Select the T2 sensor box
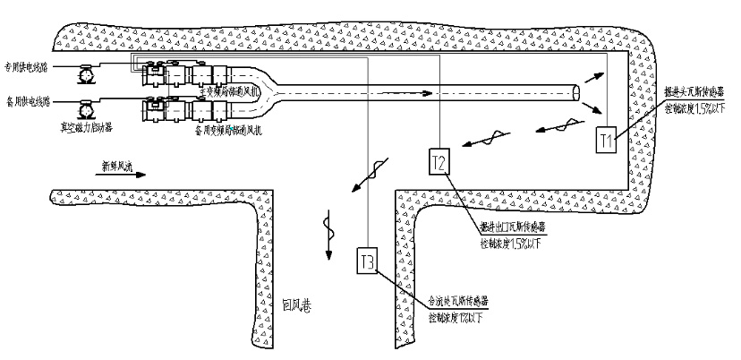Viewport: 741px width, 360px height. [x=439, y=161]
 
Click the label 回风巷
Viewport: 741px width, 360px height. [x=295, y=304]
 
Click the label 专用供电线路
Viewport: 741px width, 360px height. [x=27, y=67]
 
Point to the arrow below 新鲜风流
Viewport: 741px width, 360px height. [x=119, y=176]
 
